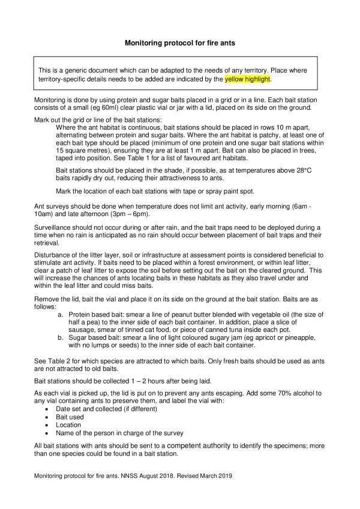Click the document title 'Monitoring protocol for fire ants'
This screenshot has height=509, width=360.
click(180, 43)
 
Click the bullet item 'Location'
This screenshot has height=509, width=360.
click(70, 425)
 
